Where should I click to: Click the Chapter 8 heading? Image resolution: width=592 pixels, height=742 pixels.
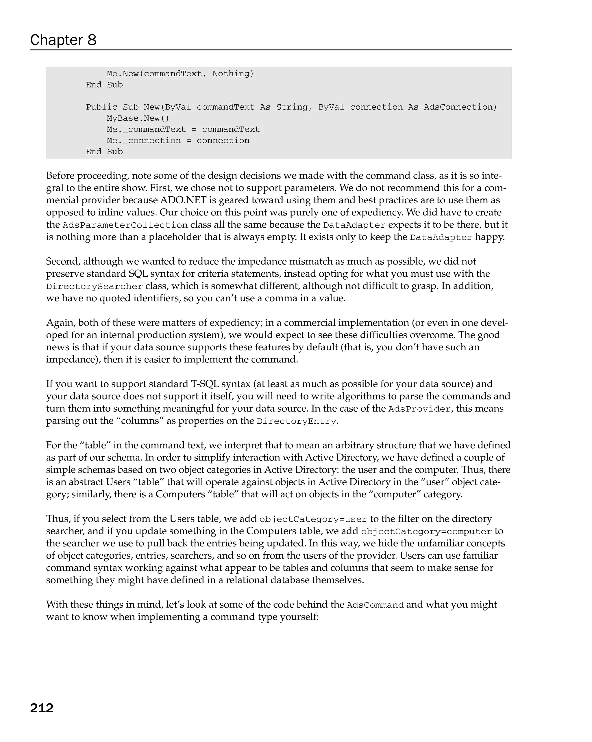[63, 40]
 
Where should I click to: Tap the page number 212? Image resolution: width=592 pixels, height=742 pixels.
[42, 708]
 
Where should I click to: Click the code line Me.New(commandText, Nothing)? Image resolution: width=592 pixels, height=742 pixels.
[180, 74]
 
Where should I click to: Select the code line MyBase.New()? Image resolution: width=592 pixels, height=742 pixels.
[138, 118]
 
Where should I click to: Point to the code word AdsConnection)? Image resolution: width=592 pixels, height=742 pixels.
[460, 107]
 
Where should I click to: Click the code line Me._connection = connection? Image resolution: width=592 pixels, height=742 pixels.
[178, 140]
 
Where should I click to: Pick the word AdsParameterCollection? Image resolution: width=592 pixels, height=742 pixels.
[125, 225]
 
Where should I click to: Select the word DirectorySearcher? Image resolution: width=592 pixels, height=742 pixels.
[94, 286]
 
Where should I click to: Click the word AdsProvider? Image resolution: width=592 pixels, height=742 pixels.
[419, 409]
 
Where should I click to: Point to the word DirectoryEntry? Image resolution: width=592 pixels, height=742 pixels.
[296, 421]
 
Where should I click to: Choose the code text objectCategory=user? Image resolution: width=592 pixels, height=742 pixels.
[313, 519]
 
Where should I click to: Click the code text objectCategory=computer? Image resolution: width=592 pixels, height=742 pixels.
[426, 532]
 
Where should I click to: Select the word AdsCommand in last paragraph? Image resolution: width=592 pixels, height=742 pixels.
[375, 605]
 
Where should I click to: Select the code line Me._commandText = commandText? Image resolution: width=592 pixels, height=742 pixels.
[183, 129]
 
